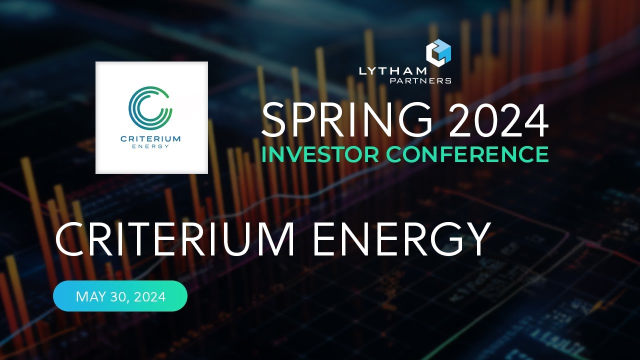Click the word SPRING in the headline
point(346,121)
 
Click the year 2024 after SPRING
point(498,121)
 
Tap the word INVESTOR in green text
point(323,154)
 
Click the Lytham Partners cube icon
point(438,52)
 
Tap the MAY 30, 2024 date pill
point(120,296)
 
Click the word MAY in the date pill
point(89,297)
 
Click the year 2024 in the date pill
point(148,297)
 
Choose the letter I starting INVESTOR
point(264,154)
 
